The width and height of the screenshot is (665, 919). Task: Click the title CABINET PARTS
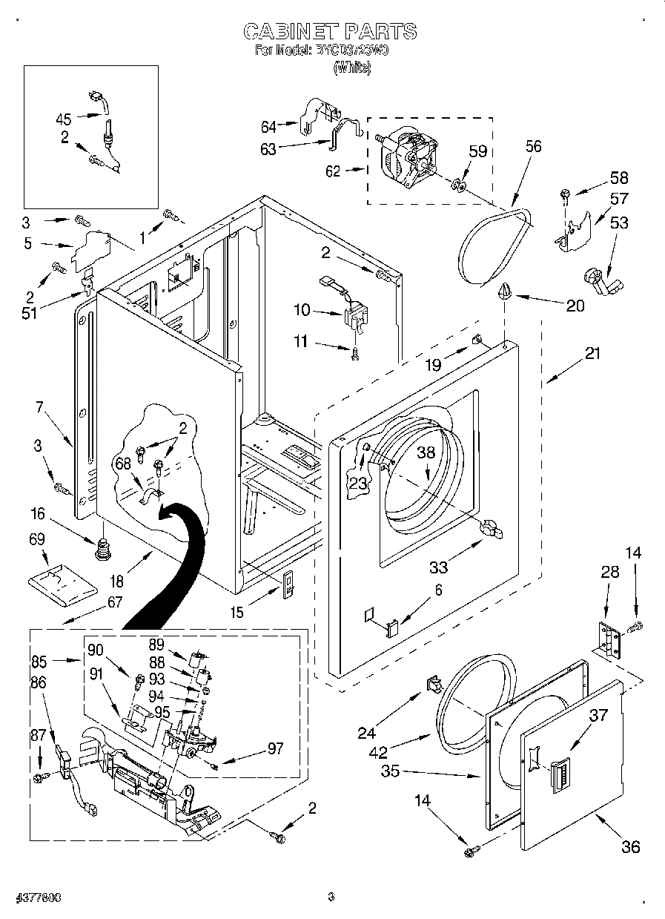331,30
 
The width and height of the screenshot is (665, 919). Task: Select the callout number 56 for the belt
533,146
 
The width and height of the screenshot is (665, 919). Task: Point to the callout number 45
64,119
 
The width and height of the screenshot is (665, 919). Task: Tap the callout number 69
36,538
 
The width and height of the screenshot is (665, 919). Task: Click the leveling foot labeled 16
102,550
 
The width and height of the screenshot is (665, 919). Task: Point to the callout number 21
592,354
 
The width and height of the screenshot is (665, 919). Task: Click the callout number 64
269,127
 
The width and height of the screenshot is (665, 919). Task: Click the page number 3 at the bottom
331,897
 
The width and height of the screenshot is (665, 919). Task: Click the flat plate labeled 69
63,582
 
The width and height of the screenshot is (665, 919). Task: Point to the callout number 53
619,222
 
